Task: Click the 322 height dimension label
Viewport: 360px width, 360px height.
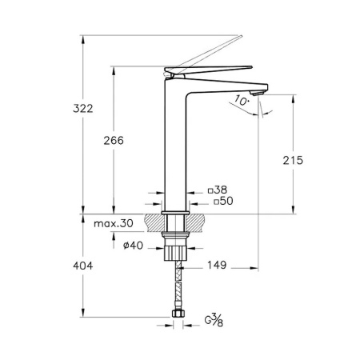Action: coord(83,109)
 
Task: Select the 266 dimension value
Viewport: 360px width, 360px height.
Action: coord(114,141)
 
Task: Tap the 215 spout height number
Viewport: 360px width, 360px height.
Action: coord(293,160)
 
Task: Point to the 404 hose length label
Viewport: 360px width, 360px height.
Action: coord(83,266)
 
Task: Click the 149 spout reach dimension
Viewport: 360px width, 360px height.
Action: coord(217,265)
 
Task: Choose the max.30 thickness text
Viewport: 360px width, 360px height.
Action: coord(114,223)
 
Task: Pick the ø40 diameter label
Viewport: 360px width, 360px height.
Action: coord(133,245)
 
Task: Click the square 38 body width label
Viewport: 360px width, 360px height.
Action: coord(218,190)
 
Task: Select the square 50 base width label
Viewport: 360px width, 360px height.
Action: coord(223,201)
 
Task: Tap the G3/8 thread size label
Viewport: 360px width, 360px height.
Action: coord(214,320)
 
